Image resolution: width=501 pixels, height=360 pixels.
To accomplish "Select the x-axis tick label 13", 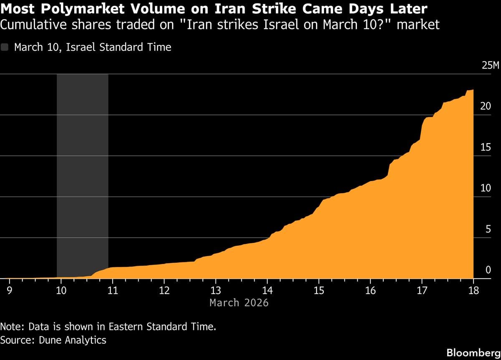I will click(215, 290).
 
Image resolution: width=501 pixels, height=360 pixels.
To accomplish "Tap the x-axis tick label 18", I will click(473, 290).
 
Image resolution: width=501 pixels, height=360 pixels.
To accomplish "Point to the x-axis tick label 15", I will click(319, 290).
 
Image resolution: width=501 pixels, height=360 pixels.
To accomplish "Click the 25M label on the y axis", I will click(490, 66).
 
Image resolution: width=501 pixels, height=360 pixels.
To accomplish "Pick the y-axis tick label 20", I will click(486, 106).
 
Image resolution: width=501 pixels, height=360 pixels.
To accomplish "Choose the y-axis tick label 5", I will click(488, 229).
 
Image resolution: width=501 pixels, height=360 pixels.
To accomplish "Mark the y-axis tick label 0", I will click(488, 270).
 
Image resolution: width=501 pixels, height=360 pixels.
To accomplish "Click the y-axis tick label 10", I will click(486, 188).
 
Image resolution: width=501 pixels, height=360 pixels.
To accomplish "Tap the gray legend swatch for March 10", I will click(5, 47).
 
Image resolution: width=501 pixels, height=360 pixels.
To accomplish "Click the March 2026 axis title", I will click(239, 302).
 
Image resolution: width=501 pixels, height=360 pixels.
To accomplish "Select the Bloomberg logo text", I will click(473, 352).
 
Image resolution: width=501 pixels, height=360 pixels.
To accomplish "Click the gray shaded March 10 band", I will click(82, 167).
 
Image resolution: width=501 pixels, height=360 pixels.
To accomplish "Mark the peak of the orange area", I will click(471, 90).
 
